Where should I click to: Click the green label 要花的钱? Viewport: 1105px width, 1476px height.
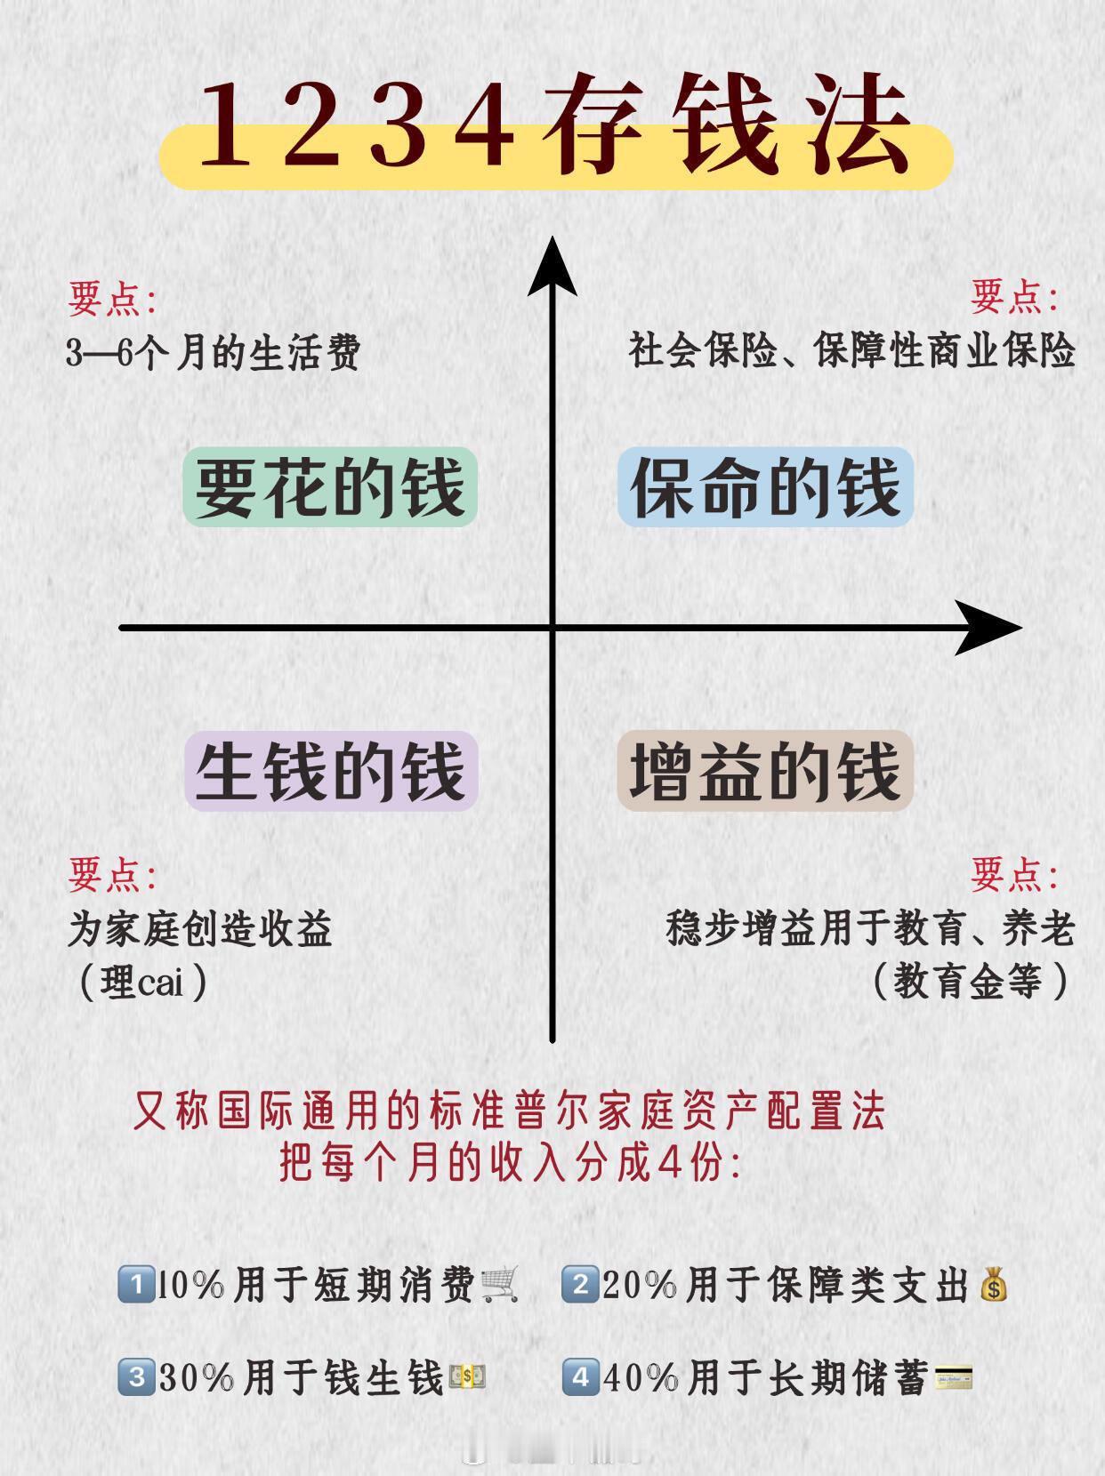coord(330,487)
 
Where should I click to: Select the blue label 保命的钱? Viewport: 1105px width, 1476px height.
coord(765,487)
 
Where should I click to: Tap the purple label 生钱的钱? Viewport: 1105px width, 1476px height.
coord(331,771)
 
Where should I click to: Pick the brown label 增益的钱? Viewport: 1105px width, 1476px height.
coord(765,771)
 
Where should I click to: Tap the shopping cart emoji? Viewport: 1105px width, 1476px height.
coord(499,1285)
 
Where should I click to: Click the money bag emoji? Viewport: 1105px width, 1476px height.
coord(993,1286)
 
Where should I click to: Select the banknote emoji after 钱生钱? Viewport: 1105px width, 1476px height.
coord(467,1378)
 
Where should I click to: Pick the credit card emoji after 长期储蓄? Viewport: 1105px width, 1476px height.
coord(953,1378)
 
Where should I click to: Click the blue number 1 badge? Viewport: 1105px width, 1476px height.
coord(133,1286)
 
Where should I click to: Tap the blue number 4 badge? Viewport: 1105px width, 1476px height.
coord(580,1378)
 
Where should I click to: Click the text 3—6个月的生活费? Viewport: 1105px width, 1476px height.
coord(213,354)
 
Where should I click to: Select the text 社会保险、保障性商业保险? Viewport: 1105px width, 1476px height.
coord(851,350)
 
